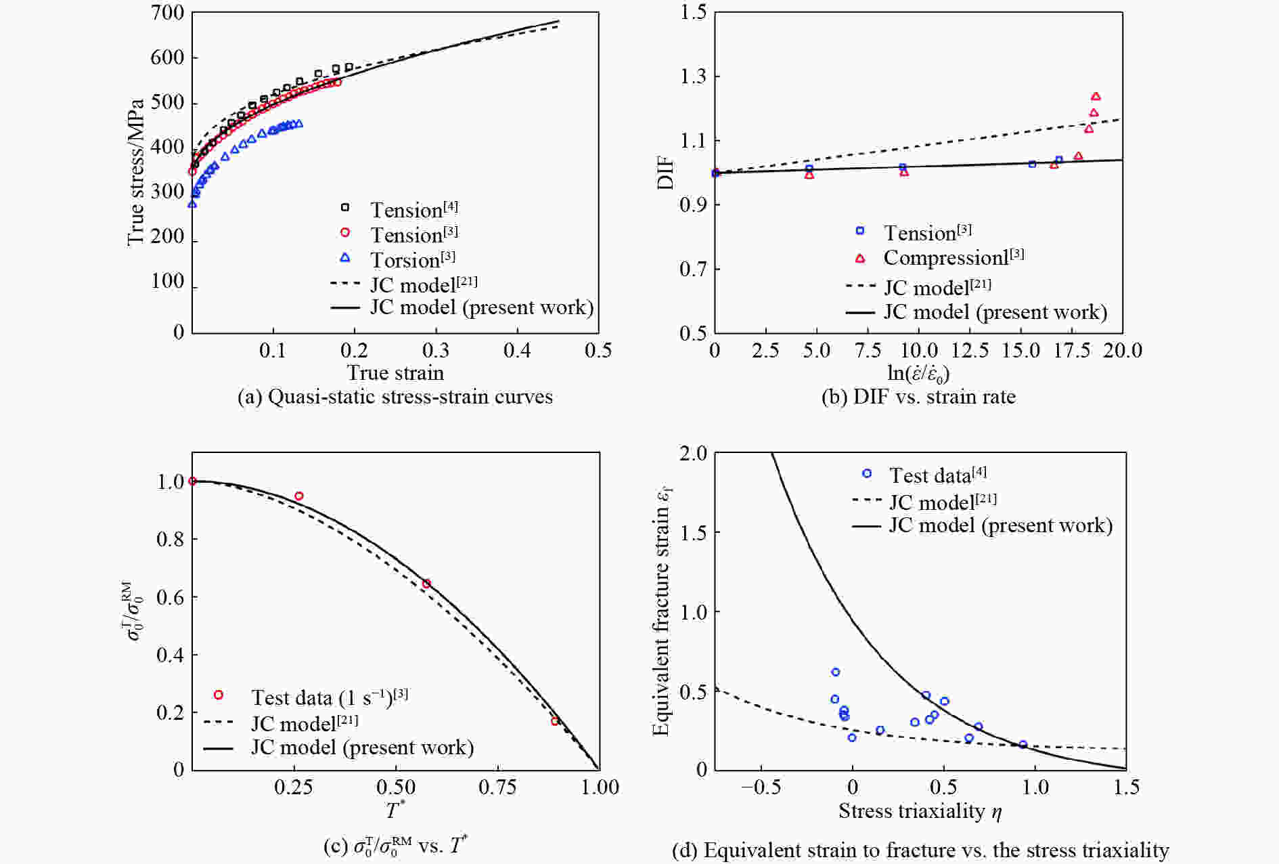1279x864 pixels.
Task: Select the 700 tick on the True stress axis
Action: coord(167,13)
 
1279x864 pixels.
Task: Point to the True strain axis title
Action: coord(395,372)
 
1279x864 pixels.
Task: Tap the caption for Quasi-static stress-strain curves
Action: coord(395,397)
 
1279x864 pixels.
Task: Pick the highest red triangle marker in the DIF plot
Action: coord(1096,97)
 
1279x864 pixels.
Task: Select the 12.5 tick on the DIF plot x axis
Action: coord(970,350)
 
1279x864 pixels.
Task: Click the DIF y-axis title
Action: coord(666,173)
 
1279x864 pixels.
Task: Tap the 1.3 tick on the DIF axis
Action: coord(694,77)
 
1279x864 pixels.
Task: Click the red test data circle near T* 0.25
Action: coord(298,496)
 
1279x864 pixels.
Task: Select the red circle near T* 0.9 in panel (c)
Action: coord(555,721)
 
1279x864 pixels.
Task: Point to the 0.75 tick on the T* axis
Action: coord(497,787)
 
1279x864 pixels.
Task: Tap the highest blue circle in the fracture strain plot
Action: coord(836,672)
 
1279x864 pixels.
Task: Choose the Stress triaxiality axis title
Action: coord(920,811)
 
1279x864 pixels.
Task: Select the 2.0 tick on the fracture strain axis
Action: coord(692,453)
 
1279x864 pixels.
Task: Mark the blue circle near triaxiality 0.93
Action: coord(1023,745)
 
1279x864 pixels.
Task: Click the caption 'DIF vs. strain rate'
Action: coord(918,397)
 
